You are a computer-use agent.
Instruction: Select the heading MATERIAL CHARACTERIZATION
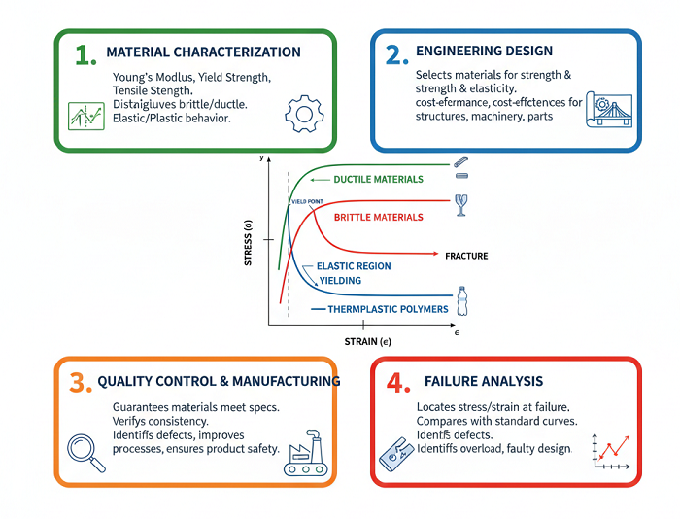click(x=203, y=52)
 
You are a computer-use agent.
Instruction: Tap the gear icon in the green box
click(x=305, y=116)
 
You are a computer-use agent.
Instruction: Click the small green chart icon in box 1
click(x=86, y=117)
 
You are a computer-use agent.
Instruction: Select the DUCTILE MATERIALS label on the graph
click(x=378, y=180)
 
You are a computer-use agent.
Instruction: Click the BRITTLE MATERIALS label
click(x=378, y=217)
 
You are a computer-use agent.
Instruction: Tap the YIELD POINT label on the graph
click(x=306, y=200)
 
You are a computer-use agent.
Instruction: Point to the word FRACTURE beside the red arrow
click(x=466, y=256)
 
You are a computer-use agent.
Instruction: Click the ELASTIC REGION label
click(x=354, y=266)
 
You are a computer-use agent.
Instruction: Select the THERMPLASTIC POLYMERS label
click(x=388, y=309)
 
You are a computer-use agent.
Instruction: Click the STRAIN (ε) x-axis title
click(x=367, y=341)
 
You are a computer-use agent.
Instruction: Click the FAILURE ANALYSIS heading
click(x=484, y=381)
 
